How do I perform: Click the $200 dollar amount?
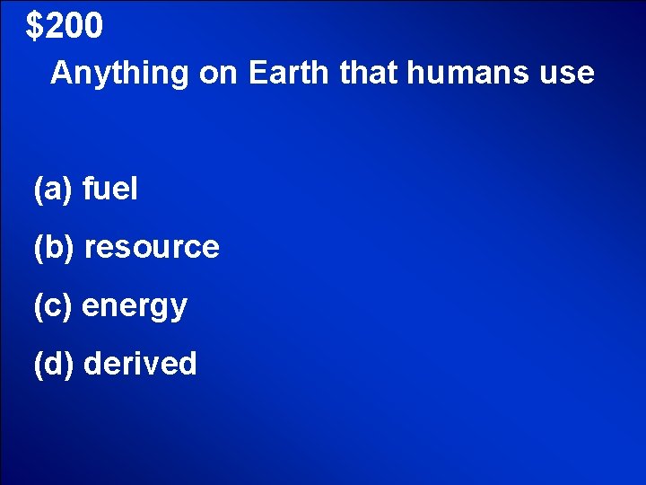click(x=65, y=27)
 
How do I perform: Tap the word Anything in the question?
click(x=119, y=74)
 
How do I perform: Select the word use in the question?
click(x=566, y=74)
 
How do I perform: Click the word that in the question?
click(x=370, y=73)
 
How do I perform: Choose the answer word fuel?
click(x=109, y=190)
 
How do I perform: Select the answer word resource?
click(x=152, y=247)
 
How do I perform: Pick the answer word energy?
click(x=135, y=307)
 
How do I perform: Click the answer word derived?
click(x=139, y=364)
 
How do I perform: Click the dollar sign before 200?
click(x=34, y=28)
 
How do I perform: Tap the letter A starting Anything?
click(x=62, y=73)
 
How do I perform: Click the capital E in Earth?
click(x=258, y=73)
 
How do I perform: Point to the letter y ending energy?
click(x=179, y=310)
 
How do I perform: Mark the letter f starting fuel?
click(x=87, y=189)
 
